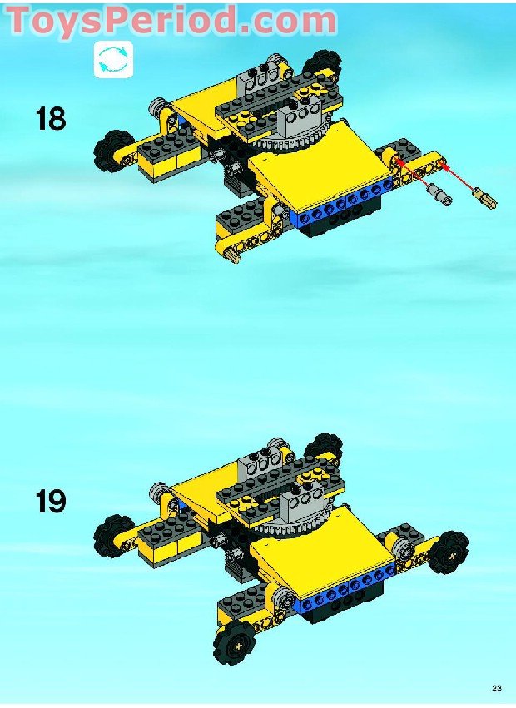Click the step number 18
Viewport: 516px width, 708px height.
[51, 119]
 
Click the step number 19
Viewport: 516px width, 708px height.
[51, 503]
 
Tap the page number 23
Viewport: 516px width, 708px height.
[496, 687]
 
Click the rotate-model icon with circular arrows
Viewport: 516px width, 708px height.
[113, 60]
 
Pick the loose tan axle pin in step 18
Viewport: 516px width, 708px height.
[484, 199]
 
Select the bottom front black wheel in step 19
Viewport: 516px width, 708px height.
[232, 641]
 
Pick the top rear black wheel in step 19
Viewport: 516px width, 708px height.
[324, 446]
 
